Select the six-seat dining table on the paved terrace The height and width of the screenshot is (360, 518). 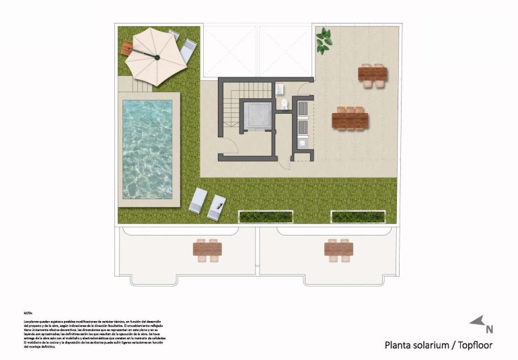[350, 120]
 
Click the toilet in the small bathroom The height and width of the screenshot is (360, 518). [285, 103]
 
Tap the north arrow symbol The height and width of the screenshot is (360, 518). [478, 322]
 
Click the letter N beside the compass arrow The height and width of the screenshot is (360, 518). [489, 330]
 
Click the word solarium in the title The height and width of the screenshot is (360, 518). [431, 346]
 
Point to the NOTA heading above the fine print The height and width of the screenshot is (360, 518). [28, 313]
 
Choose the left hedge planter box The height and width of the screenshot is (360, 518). [266, 216]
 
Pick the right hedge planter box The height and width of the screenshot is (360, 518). [358, 216]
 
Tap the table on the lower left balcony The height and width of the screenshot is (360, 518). [207, 250]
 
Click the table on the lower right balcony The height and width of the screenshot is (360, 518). [338, 249]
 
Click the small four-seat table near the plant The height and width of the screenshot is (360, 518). [373, 74]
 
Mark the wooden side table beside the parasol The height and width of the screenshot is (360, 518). [127, 48]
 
